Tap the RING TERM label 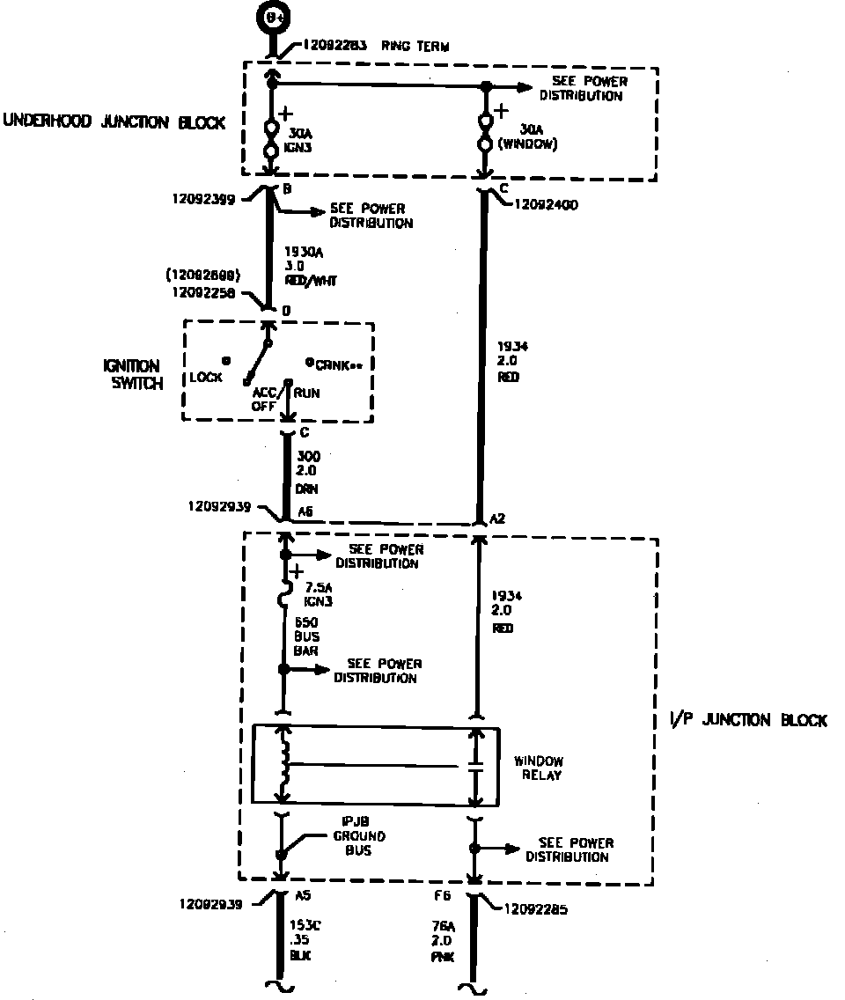(x=415, y=46)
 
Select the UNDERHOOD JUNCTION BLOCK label (x=114, y=122)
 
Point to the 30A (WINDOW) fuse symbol (x=485, y=132)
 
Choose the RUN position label (x=307, y=393)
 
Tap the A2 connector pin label (x=498, y=519)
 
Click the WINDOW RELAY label (x=539, y=768)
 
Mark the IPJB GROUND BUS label (x=358, y=836)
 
